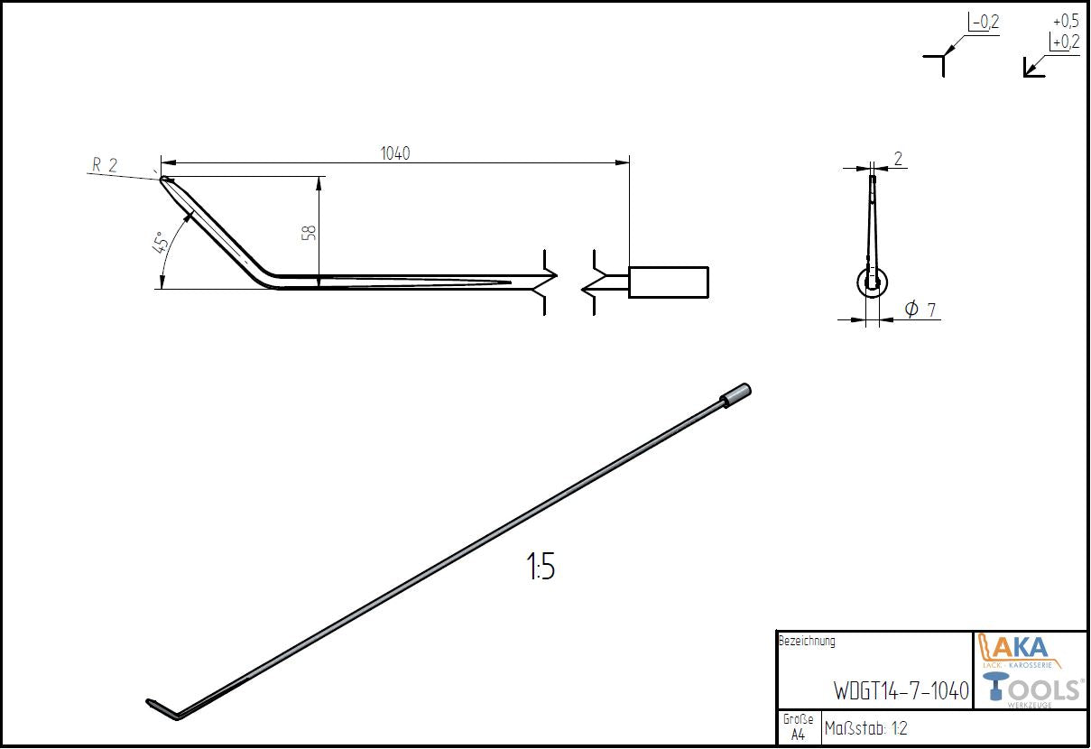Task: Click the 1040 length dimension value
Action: (395, 153)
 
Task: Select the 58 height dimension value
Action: (309, 232)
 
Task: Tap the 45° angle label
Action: (160, 245)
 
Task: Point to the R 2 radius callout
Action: (105, 164)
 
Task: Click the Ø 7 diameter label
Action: (920, 310)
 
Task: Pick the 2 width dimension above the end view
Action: (898, 159)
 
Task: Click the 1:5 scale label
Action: (541, 568)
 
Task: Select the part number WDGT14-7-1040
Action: (901, 691)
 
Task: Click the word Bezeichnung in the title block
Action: (807, 642)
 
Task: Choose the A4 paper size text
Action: (798, 735)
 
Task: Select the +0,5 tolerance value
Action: (1066, 21)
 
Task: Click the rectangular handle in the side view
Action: (669, 282)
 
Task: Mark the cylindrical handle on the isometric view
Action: (735, 395)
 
